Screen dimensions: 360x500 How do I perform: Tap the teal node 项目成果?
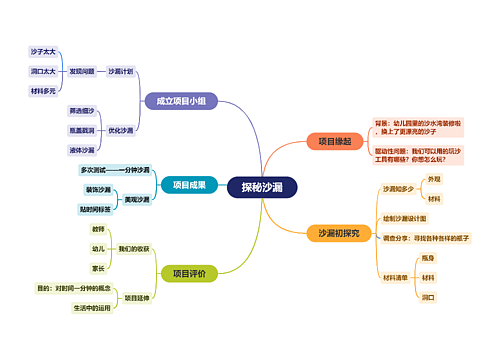pyautogui.click(x=189, y=184)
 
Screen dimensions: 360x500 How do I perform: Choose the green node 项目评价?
pyautogui.click(x=189, y=273)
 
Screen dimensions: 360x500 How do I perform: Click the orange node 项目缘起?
pyautogui.click(x=335, y=141)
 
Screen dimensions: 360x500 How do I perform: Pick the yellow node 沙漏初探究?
pyautogui.click(x=339, y=233)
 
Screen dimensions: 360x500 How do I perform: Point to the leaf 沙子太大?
pyautogui.click(x=43, y=51)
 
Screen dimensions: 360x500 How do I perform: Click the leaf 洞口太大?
pyautogui.click(x=43, y=71)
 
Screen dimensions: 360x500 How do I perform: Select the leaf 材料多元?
pyautogui.click(x=43, y=91)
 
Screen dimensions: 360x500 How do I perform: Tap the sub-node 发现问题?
pyautogui.click(x=82, y=71)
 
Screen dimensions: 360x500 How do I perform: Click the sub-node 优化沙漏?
pyautogui.click(x=121, y=130)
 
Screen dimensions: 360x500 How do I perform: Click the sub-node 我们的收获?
pyautogui.click(x=134, y=248)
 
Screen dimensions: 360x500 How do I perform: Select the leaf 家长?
pyautogui.click(x=97, y=268)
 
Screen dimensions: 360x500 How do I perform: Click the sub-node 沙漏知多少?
pyautogui.click(x=398, y=188)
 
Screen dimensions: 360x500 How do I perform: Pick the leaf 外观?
pyautogui.click(x=433, y=178)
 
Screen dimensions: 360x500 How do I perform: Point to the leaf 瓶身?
pyautogui.click(x=428, y=258)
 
